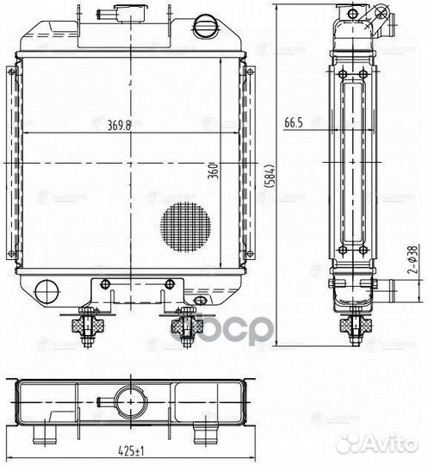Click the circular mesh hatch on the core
coord(184,226)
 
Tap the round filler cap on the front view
coord(206,24)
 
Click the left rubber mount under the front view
coord(90,326)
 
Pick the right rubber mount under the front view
coord(183,326)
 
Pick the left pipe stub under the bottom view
coord(50,426)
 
